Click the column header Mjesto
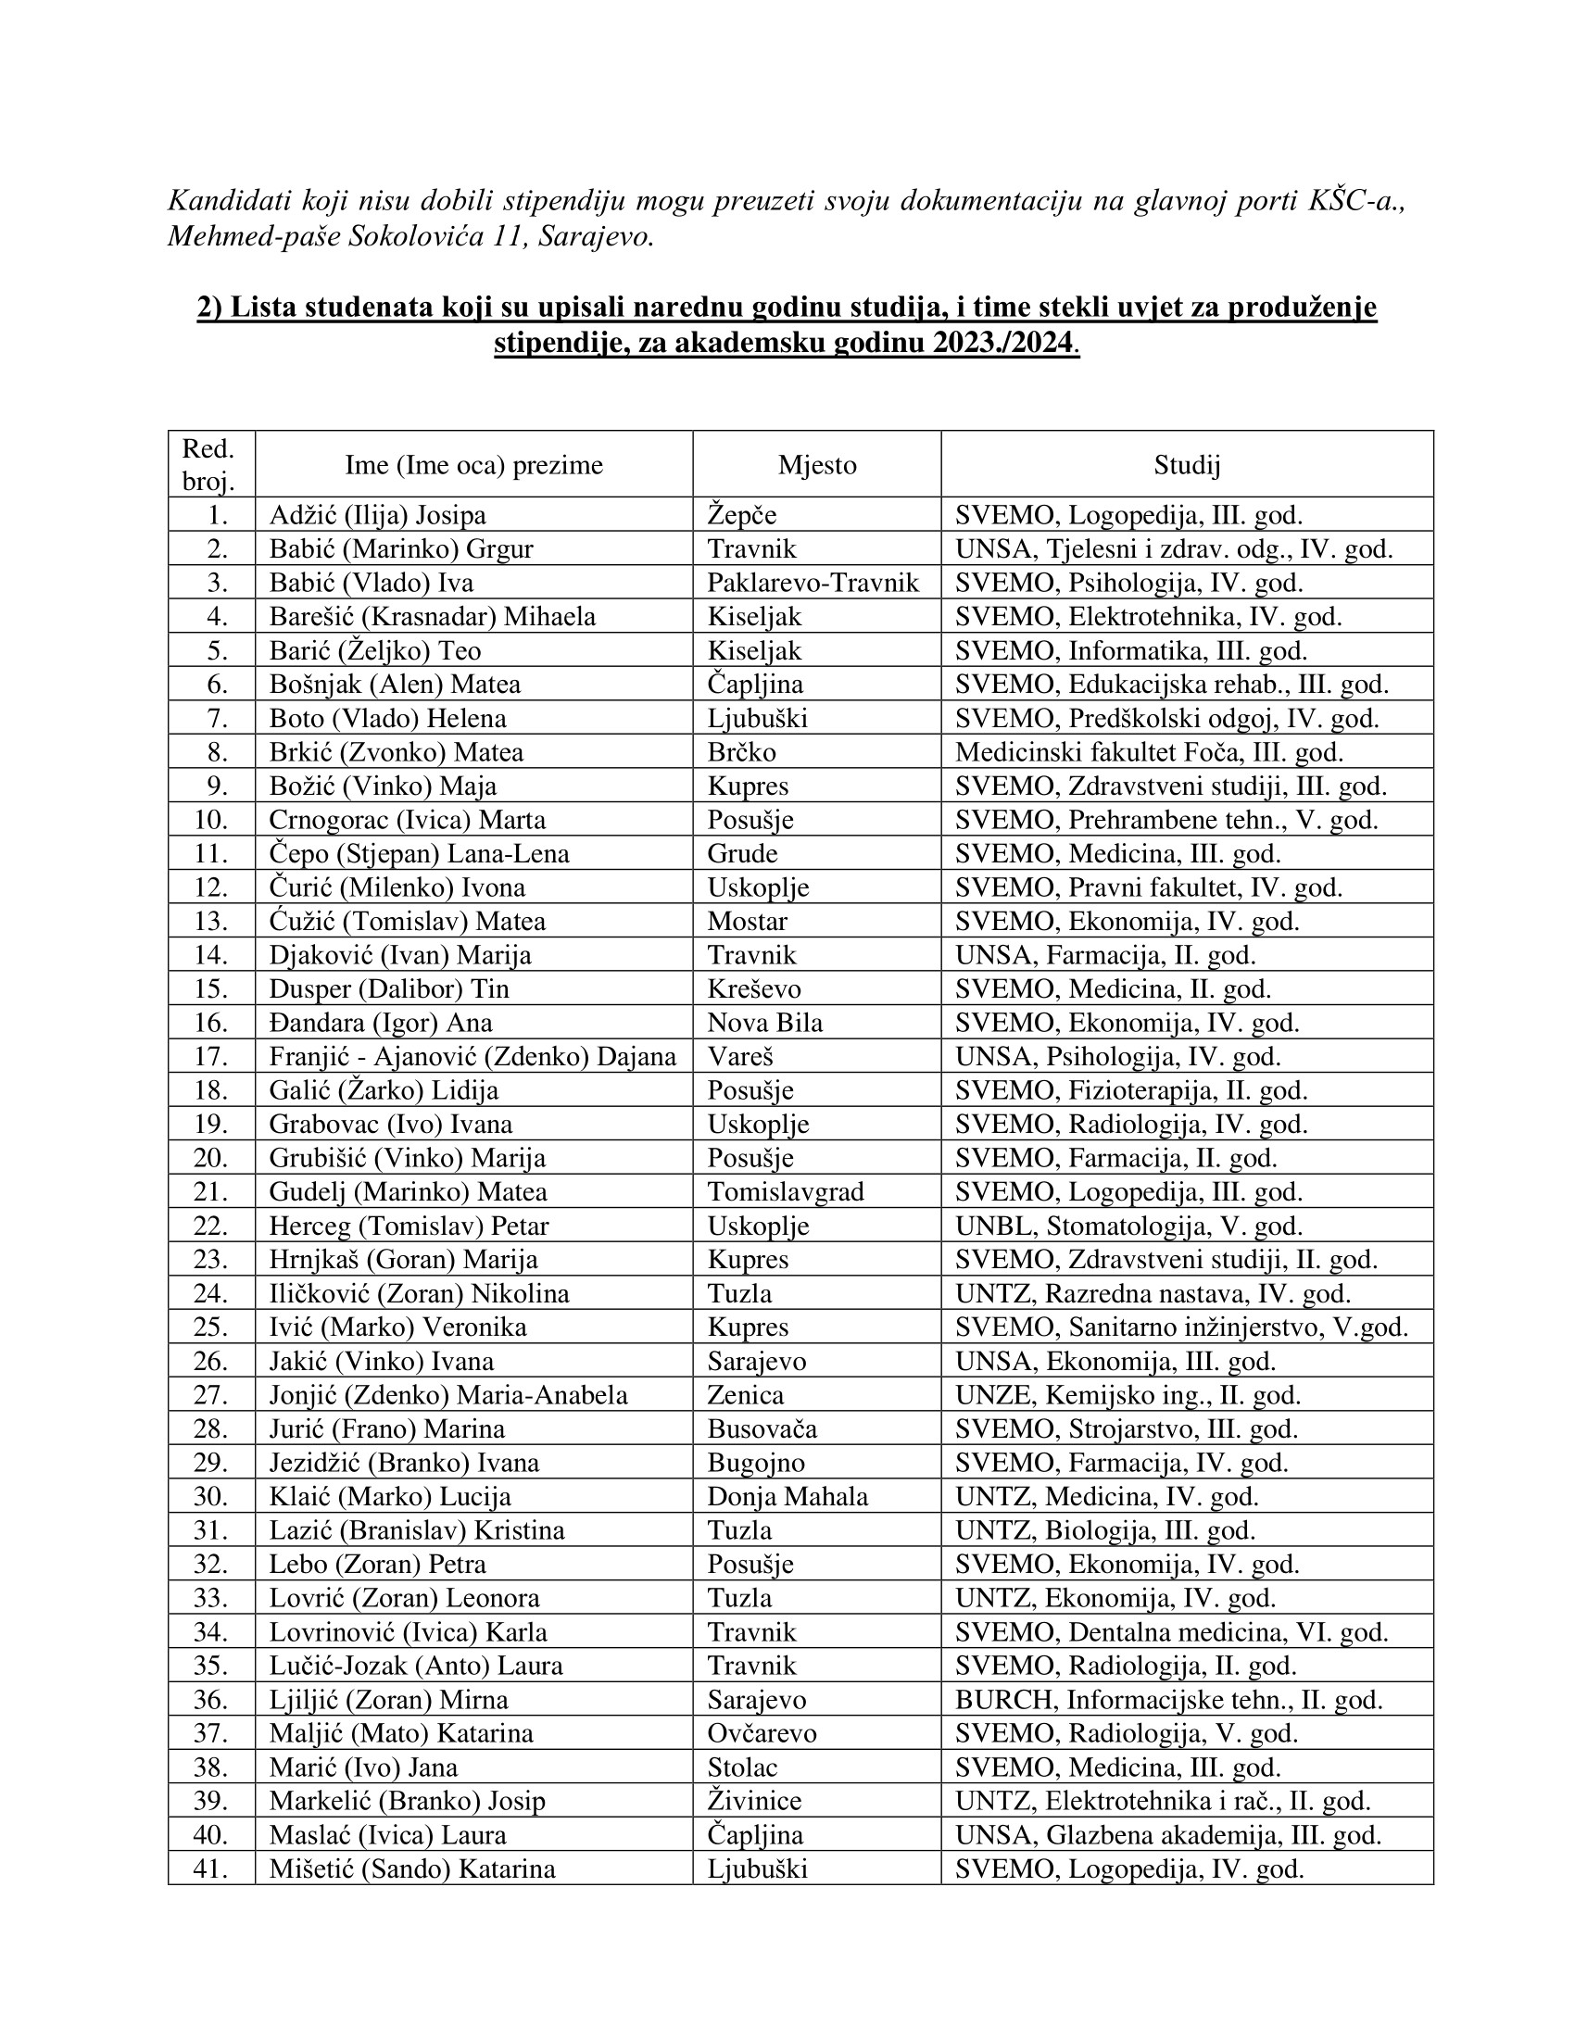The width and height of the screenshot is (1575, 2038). pyautogui.click(x=816, y=465)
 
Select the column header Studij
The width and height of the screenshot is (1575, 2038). pyautogui.click(x=1186, y=465)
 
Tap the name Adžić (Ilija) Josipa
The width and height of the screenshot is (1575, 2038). pyautogui.click(x=377, y=515)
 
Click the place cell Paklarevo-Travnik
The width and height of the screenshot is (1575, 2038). pyautogui.click(x=813, y=584)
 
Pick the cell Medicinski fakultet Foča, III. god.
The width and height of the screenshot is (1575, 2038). pyautogui.click(x=1149, y=752)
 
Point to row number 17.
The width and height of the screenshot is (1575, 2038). pyautogui.click(x=211, y=1056)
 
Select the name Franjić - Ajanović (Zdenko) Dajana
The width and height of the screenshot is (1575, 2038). pyautogui.click(x=472, y=1056)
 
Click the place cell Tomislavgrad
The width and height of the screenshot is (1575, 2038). pyautogui.click(x=786, y=1191)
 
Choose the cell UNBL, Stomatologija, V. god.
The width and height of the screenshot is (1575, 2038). pyautogui.click(x=1128, y=1226)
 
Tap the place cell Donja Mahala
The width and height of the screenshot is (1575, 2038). pyautogui.click(x=787, y=1496)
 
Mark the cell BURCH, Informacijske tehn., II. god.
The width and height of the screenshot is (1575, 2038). pyautogui.click(x=1168, y=1699)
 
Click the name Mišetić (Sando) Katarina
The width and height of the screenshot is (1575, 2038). pyautogui.click(x=411, y=1868)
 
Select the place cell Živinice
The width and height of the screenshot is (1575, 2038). pyautogui.click(x=754, y=1800)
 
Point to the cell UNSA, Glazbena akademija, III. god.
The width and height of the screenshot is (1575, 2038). pyautogui.click(x=1167, y=1834)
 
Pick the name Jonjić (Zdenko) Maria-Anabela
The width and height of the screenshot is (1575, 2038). pyautogui.click(x=447, y=1395)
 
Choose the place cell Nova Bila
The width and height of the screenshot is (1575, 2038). pyautogui.click(x=765, y=1023)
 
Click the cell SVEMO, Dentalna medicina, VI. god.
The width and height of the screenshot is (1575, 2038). pyautogui.click(x=1171, y=1632)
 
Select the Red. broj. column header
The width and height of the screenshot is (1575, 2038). pyautogui.click(x=208, y=465)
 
